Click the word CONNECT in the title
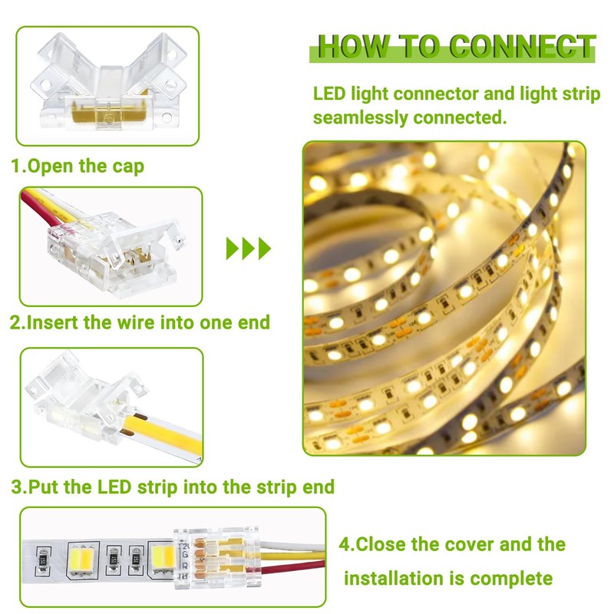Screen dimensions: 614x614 point(523,48)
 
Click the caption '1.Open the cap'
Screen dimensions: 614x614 point(77,166)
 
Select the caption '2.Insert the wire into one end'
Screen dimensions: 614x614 point(140,322)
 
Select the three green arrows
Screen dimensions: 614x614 point(249,248)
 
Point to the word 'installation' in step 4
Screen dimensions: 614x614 point(403,577)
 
